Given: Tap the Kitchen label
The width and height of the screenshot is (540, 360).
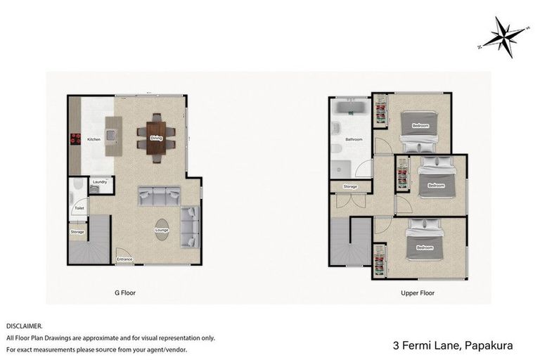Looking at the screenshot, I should [94, 139].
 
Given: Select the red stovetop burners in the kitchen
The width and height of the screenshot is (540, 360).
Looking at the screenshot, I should [72, 139].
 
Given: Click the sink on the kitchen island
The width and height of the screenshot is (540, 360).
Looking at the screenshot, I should [110, 131].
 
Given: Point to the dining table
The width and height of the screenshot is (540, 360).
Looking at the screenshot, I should [155, 138].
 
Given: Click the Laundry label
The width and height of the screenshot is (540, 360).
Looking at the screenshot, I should [99, 182].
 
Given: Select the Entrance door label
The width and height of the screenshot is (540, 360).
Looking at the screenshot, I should [124, 259].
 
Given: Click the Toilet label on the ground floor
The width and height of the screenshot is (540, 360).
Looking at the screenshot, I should [79, 208].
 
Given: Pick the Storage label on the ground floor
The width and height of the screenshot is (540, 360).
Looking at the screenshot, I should [77, 231].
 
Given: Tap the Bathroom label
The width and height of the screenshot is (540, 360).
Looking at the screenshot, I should [353, 140].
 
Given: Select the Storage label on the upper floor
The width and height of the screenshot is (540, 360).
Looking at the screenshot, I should [350, 186].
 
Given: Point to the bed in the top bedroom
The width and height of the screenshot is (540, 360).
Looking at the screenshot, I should [420, 126].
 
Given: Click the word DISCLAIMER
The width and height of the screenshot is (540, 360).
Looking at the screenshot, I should [24, 326].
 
